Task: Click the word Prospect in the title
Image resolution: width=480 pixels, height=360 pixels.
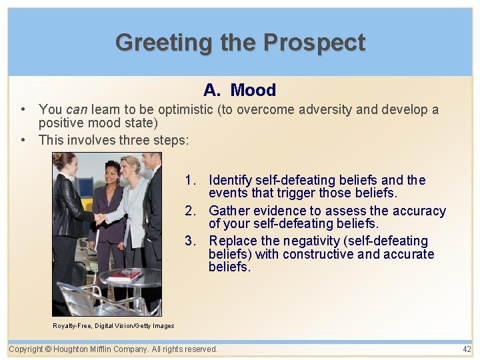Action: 314,43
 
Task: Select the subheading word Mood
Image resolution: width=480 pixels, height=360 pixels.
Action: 253,90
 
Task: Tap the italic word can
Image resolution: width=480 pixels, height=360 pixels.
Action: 76,109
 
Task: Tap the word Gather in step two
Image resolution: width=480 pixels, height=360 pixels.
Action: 228,211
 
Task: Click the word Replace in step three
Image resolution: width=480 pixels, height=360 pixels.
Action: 231,241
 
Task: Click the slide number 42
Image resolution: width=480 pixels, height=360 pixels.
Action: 466,349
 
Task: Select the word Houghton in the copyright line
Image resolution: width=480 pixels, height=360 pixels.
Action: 76,349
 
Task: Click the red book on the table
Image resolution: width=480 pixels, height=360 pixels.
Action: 125,275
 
